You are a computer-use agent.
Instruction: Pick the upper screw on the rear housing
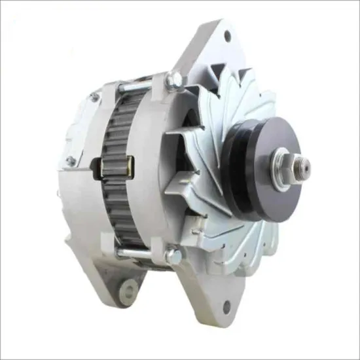point(94,98)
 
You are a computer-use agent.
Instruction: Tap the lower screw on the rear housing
point(70,161)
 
